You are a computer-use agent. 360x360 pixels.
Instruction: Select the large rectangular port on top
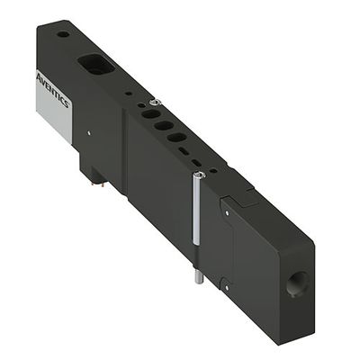[94, 65]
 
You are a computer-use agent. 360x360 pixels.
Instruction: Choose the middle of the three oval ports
[162, 126]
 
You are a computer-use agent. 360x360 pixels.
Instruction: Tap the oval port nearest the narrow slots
[178, 139]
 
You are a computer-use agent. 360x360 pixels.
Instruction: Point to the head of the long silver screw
[199, 175]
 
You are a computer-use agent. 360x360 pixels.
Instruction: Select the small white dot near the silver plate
[89, 136]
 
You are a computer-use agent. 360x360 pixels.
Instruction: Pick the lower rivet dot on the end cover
[228, 287]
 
